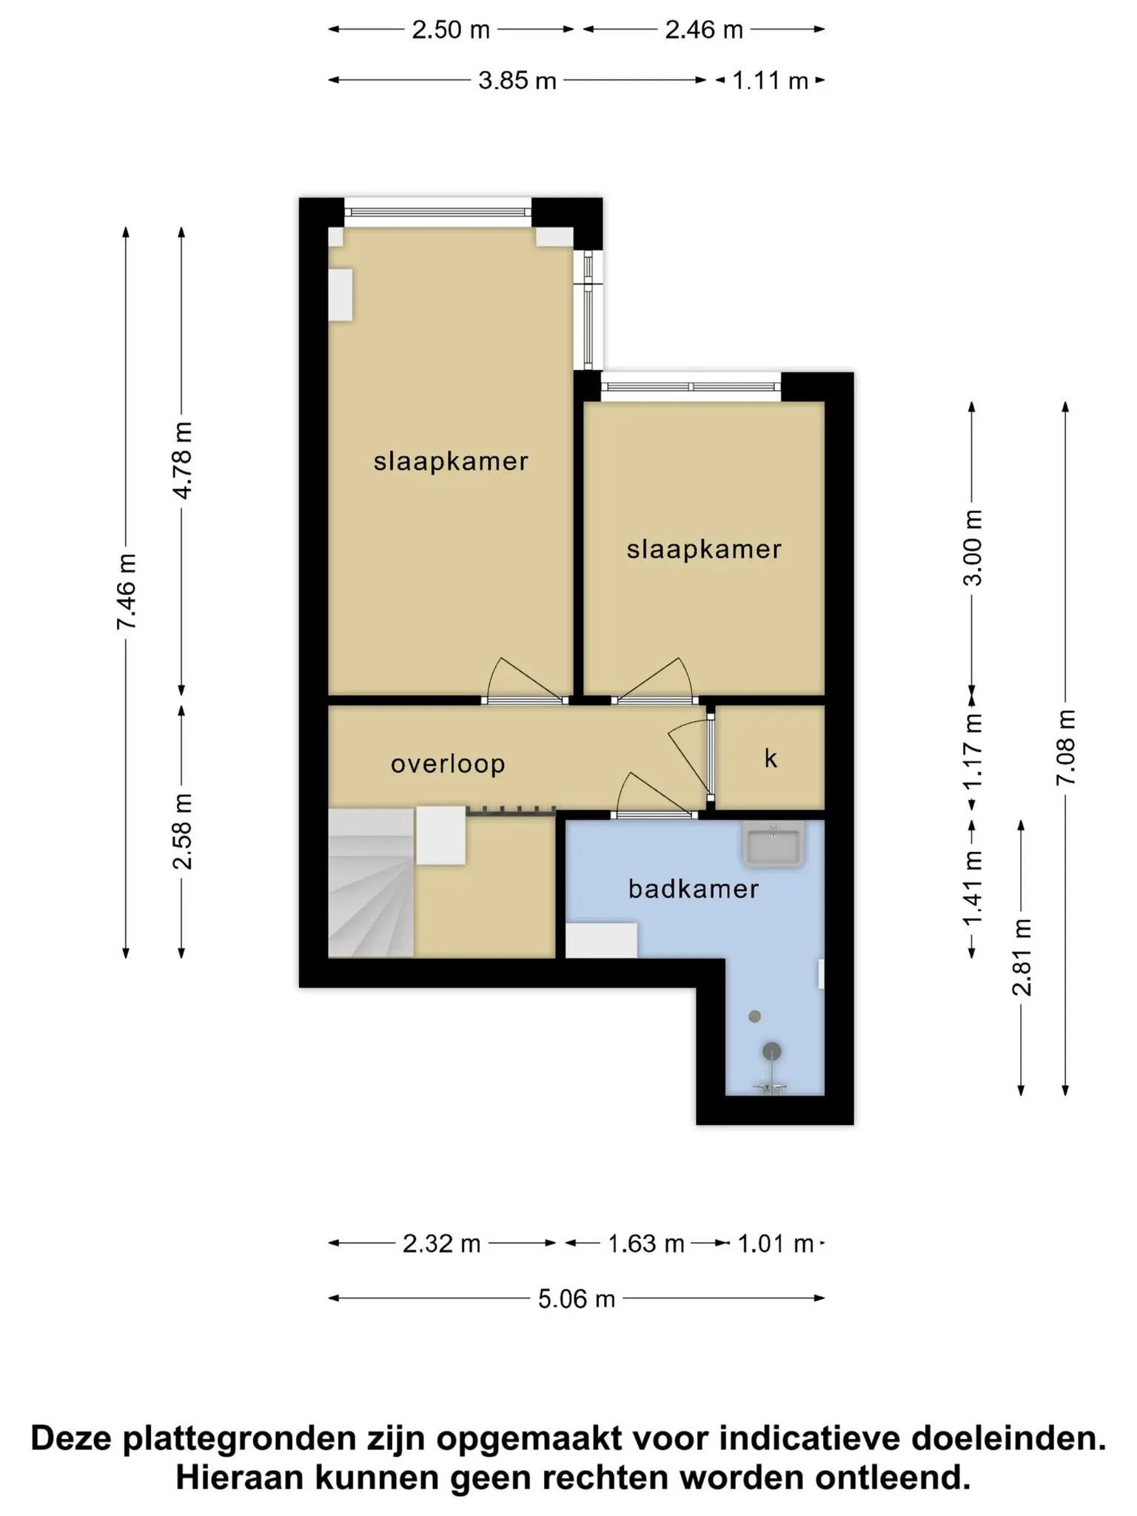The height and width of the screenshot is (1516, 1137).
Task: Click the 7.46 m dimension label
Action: click(127, 592)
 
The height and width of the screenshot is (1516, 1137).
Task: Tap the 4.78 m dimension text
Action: click(182, 460)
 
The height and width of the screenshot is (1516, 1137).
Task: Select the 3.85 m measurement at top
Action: click(517, 80)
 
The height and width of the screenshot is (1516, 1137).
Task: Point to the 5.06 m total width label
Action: click(577, 1298)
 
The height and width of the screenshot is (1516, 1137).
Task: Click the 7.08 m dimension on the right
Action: click(1066, 748)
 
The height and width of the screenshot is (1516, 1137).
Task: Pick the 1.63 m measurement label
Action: click(645, 1244)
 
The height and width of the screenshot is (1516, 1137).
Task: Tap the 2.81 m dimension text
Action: click(1022, 956)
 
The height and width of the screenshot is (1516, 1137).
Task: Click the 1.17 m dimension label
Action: click(973, 751)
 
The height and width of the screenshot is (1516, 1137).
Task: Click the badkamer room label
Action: click(694, 889)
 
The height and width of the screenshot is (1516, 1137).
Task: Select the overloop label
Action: click(448, 764)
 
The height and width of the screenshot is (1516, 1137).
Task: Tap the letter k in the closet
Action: click(771, 758)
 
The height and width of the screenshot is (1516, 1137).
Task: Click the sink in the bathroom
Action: click(774, 845)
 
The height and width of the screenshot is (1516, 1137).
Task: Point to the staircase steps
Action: click(370, 882)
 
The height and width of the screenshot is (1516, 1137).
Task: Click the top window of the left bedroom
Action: click(437, 212)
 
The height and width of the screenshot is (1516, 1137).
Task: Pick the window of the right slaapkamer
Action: click(691, 386)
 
